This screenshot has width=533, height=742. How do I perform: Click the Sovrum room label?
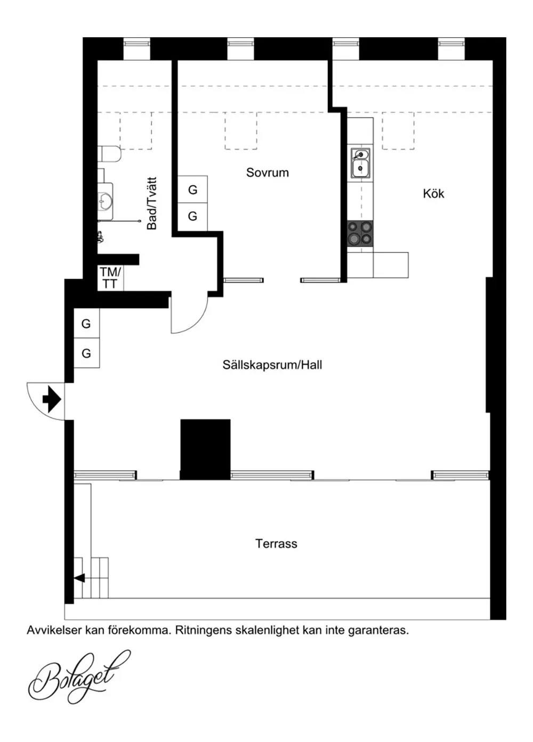coord(267,172)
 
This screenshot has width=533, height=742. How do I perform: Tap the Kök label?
coord(433,194)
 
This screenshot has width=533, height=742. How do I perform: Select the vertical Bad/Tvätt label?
coord(152,203)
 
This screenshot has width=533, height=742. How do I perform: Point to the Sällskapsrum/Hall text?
coord(272,365)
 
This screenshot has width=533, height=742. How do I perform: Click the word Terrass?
coord(276,543)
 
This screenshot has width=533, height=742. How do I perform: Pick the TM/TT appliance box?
coord(110,278)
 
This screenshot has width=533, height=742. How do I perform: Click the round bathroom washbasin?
coord(106,201)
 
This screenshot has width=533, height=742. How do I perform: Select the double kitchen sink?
coord(360,162)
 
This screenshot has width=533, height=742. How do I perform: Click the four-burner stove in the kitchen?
coord(360,233)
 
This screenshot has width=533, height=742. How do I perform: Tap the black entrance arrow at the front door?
coord(52,399)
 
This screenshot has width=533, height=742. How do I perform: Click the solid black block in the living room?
coord(205,449)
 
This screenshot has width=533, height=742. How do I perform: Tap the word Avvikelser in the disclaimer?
coord(54,630)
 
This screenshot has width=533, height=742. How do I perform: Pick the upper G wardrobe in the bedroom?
coord(192,189)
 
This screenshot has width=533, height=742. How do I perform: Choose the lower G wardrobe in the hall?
coord(86,353)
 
